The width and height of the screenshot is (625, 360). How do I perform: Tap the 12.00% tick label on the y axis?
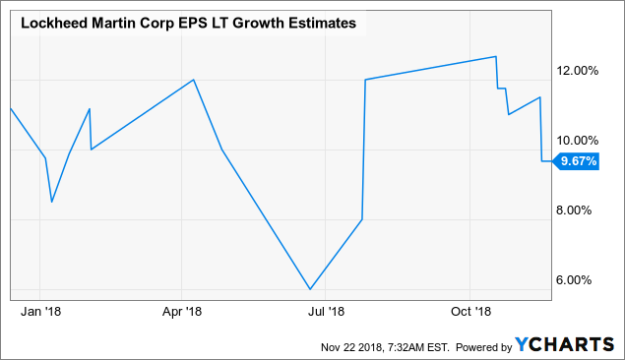coord(579,71)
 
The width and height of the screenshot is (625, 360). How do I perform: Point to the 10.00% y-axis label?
coord(579,141)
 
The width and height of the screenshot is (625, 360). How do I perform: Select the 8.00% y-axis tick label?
coord(579,210)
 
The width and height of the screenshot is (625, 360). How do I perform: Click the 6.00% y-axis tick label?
coord(579,280)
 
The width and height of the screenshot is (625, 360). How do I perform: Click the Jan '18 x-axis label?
coord(40,312)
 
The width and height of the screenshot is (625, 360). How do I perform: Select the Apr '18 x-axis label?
coord(182,312)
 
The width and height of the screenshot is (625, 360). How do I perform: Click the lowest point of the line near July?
coord(310,289)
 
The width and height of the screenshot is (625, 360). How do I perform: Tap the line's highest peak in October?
coord(495,56)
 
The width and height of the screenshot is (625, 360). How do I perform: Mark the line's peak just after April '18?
coord(194,80)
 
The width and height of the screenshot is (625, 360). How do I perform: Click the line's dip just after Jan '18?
coord(52,202)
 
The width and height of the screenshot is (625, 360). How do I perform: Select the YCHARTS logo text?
coord(570,345)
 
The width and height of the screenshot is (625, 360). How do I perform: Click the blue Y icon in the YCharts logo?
coord(521,345)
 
